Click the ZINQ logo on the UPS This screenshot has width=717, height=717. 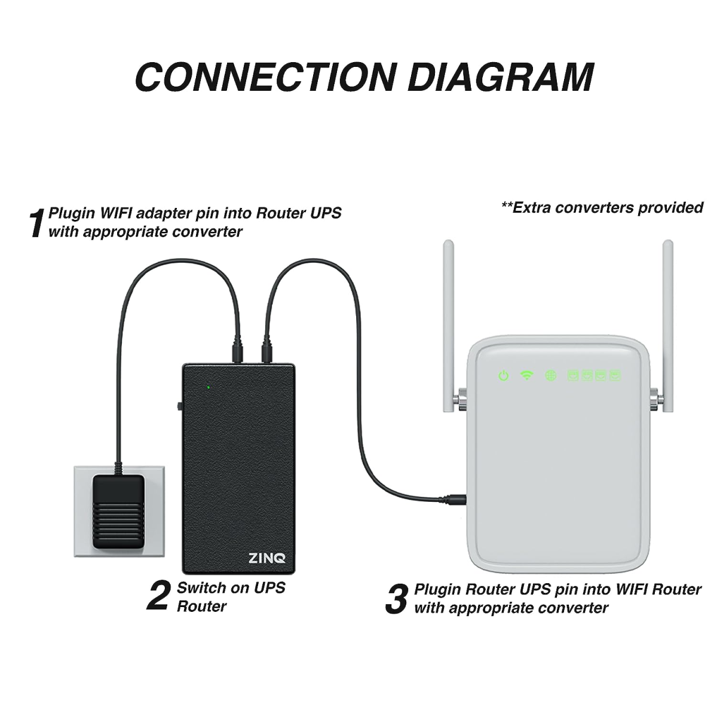(266, 560)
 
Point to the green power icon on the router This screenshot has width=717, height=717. (504, 376)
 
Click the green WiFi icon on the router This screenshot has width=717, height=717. (526, 376)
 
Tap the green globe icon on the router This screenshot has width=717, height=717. (550, 376)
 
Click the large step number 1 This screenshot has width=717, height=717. (37, 223)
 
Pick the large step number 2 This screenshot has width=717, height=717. (158, 597)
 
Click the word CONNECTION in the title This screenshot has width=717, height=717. (265, 76)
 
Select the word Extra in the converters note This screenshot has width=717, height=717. (532, 208)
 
